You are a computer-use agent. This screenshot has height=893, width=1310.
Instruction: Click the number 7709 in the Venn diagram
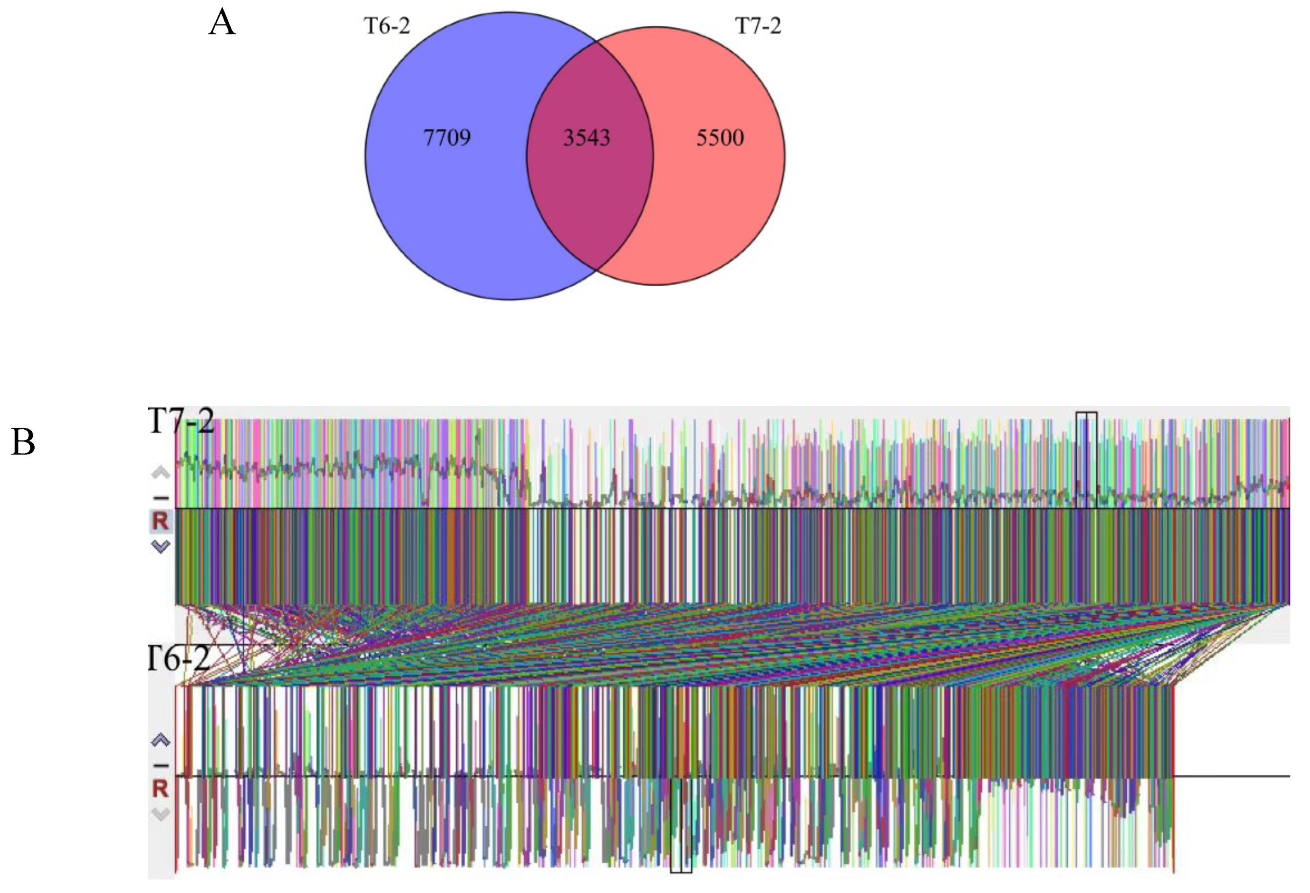(x=446, y=138)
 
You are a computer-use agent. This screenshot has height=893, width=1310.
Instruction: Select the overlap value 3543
(x=586, y=138)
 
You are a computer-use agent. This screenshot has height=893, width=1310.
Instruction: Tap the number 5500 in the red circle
(x=720, y=138)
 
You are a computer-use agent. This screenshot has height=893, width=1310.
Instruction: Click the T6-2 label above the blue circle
(x=387, y=26)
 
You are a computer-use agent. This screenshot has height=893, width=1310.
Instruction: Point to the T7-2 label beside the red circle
(x=758, y=26)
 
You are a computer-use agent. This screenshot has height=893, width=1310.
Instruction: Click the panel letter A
(x=221, y=24)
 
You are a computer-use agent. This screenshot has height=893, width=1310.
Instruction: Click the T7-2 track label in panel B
(x=181, y=420)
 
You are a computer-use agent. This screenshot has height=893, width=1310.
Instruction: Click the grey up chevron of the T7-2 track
(x=161, y=473)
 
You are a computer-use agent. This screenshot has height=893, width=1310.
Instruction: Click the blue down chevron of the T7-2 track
(x=161, y=546)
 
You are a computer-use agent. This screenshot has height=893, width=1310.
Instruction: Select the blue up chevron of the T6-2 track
(x=161, y=740)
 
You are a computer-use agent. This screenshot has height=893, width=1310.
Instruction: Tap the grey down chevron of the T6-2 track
(x=161, y=814)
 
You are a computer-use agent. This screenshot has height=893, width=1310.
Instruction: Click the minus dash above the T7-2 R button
(x=161, y=498)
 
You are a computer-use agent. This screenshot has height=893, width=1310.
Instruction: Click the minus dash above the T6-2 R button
(x=161, y=765)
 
